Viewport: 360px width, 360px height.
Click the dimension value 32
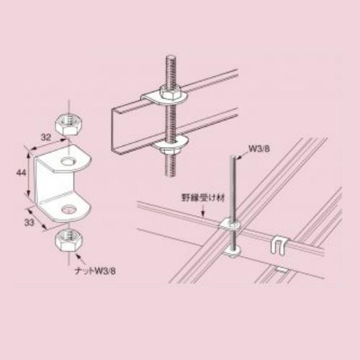coord(46,138)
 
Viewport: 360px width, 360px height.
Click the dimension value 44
coord(21,173)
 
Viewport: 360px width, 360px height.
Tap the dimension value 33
coord(30,222)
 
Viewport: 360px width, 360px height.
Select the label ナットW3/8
coord(95,271)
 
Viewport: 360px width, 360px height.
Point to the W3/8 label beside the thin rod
coord(259,148)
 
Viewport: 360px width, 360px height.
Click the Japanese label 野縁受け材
coord(203,198)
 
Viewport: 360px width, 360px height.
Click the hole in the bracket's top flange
coord(68,161)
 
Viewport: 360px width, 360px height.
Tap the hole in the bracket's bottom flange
coord(69,210)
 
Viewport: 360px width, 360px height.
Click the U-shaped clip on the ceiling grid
coord(279,244)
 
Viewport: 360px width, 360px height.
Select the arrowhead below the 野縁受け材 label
coord(203,215)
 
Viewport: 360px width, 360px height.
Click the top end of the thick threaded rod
coord(170,57)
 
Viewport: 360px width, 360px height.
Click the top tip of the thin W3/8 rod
coord(234,156)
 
